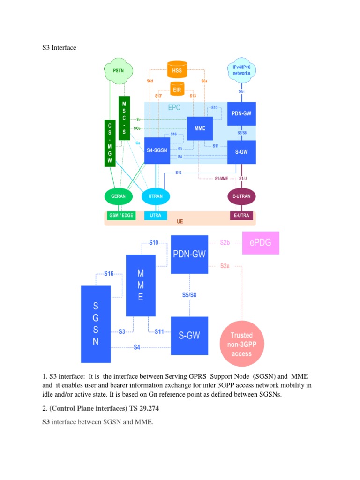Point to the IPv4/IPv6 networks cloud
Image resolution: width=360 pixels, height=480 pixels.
tap(241, 71)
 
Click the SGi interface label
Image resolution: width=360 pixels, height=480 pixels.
tap(241, 92)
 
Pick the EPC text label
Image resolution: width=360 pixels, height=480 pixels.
tap(174, 107)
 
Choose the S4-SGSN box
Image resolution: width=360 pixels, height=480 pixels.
tap(157, 150)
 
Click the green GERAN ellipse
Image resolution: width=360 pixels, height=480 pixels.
tap(119, 196)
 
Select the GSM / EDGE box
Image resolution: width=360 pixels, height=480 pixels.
tap(119, 216)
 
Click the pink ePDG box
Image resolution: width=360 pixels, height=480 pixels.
tap(261, 243)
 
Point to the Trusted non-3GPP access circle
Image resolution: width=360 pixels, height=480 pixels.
tap(242, 344)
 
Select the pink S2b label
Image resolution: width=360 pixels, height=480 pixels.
tap(225, 243)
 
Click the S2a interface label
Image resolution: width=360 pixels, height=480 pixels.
tap(225, 266)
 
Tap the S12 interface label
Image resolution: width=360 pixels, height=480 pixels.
tap(179, 172)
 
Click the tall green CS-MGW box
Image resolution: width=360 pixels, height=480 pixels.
tap(110, 143)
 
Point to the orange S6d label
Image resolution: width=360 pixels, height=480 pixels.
tap(150, 82)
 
